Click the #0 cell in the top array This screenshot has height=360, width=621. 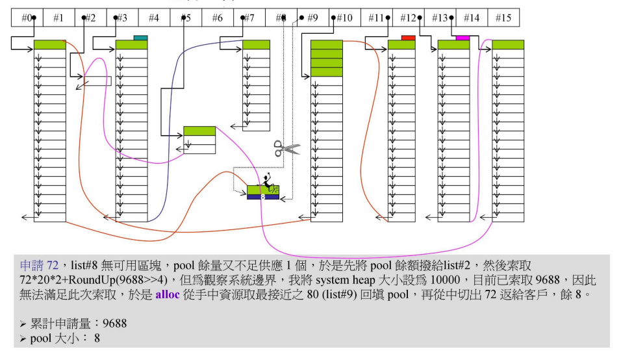(27, 18)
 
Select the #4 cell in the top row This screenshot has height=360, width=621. (154, 18)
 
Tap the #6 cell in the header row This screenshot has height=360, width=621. (218, 18)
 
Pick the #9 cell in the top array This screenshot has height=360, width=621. (312, 18)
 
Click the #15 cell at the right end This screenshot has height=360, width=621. (503, 18)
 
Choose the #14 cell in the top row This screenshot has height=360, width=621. (472, 18)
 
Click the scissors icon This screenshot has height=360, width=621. (286, 148)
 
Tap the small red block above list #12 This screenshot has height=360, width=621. (408, 38)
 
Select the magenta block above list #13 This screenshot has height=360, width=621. (462, 38)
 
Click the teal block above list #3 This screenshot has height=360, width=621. (140, 38)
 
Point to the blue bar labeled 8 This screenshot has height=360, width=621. (262, 196)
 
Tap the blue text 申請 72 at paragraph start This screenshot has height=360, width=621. (40, 266)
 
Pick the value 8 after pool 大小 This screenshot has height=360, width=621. (97, 338)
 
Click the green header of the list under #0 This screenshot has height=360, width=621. (50, 45)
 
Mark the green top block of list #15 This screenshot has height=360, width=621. (507, 45)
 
